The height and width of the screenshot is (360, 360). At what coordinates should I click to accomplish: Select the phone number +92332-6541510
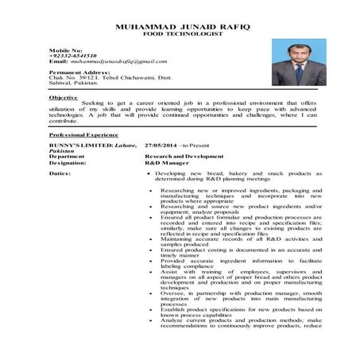tap(72, 56)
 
